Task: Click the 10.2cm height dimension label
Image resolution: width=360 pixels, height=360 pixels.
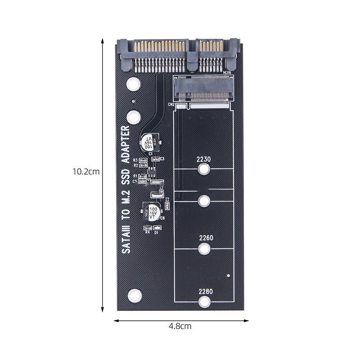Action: point(86,171)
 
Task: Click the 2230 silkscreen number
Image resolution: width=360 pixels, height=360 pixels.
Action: point(204,159)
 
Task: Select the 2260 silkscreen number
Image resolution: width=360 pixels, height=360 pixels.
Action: point(205,238)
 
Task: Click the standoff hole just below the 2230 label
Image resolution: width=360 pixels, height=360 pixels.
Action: point(204,169)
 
